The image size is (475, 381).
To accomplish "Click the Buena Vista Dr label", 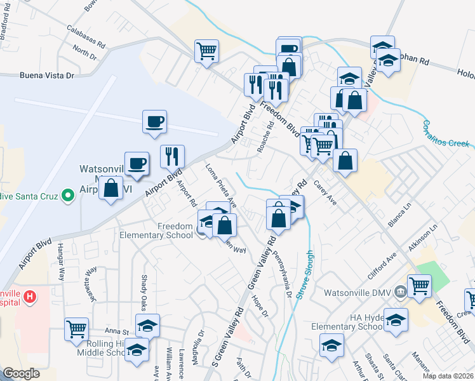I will pyautogui.click(x=47, y=76).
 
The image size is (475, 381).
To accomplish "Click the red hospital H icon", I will pyautogui.click(x=29, y=297).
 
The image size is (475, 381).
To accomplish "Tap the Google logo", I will pyautogui.click(x=22, y=373).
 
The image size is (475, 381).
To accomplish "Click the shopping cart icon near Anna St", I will pyautogui.click(x=76, y=329).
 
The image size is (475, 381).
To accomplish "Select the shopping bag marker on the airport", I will pyautogui.click(x=110, y=188).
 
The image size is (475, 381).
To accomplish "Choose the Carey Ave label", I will pyautogui.click(x=326, y=192).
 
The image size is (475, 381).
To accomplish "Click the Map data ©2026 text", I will pyautogui.click(x=447, y=375).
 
